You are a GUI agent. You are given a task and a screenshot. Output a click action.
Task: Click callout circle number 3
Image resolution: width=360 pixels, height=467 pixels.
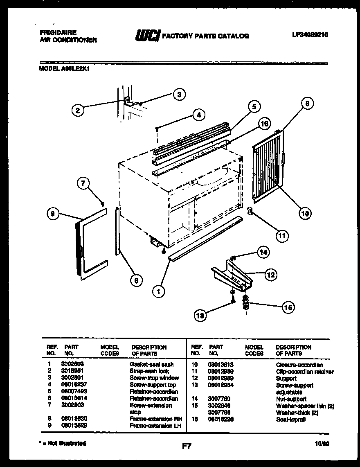178,94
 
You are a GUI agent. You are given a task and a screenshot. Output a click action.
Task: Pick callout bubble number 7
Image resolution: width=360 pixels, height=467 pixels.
83,184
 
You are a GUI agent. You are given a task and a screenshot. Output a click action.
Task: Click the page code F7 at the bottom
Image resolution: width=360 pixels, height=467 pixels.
187,446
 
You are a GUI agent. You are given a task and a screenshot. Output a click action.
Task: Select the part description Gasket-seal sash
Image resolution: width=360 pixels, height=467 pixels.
151,364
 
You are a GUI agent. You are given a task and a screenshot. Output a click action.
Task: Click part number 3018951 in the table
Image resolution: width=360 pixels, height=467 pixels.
72,371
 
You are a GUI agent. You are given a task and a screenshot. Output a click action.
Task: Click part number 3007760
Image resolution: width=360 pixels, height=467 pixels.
219,399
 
